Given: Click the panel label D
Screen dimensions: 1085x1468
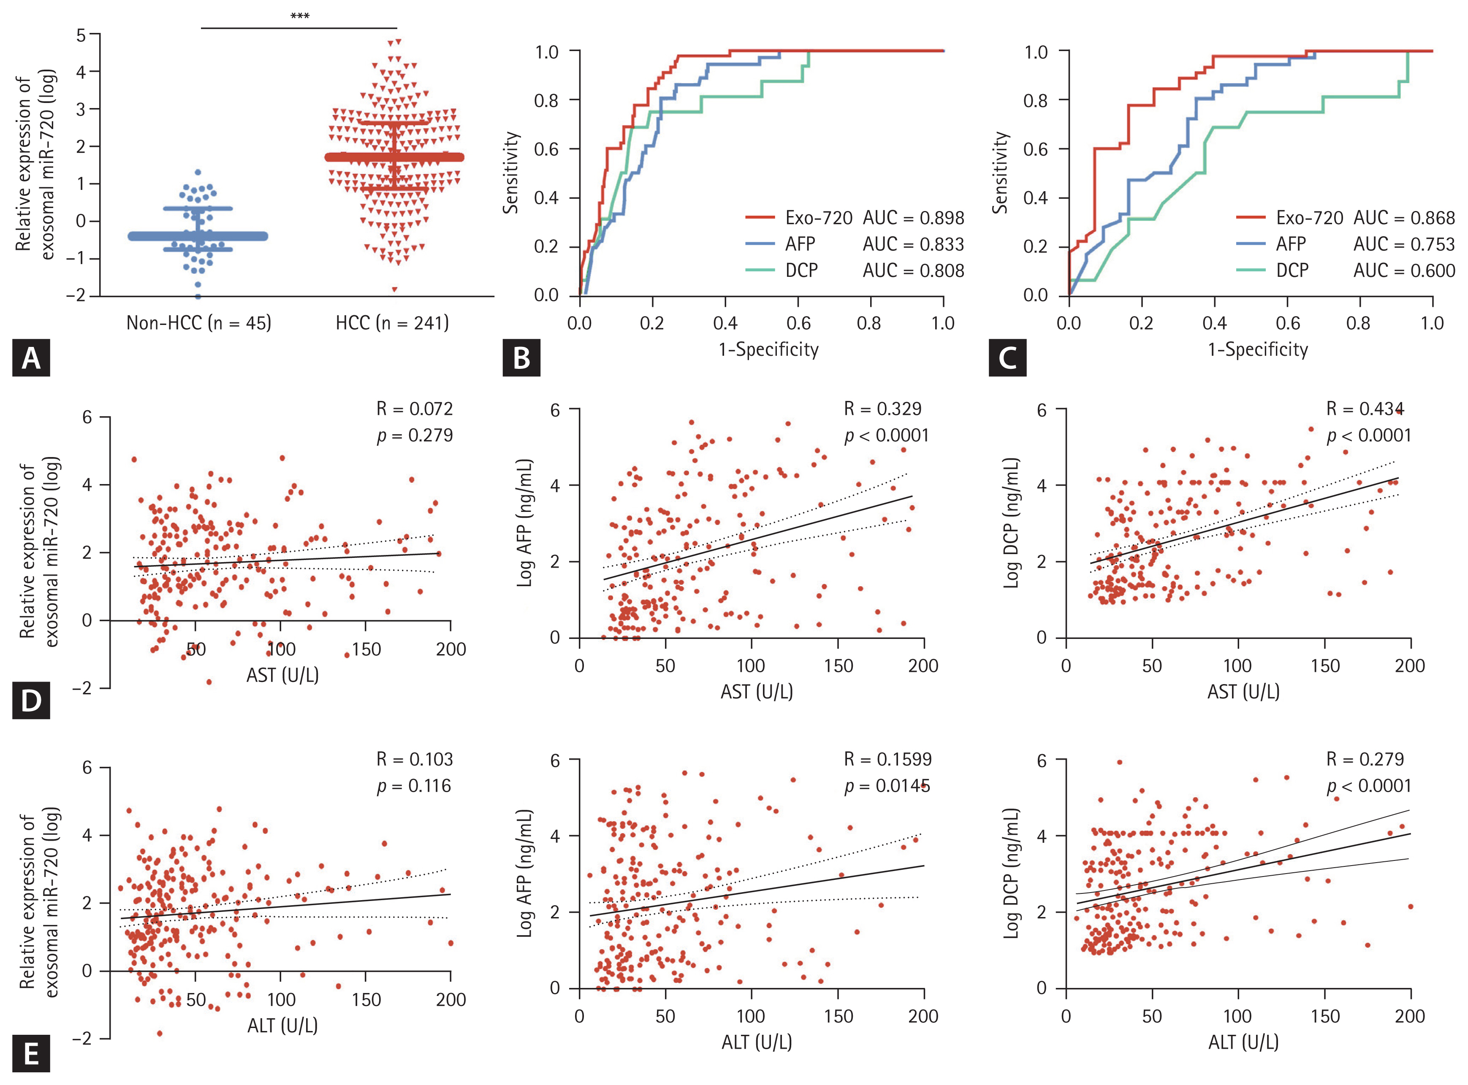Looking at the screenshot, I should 31,701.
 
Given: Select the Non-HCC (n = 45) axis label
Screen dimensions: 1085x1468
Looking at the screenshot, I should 198,323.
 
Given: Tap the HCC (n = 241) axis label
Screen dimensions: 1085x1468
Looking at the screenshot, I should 392,323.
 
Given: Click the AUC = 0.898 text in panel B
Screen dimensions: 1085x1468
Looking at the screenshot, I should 913,218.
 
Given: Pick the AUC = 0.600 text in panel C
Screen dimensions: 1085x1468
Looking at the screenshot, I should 1404,271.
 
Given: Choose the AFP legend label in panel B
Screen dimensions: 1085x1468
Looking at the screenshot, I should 800,244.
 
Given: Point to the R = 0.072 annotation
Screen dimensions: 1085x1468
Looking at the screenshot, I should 415,409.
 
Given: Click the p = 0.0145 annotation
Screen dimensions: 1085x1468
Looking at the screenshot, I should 887,786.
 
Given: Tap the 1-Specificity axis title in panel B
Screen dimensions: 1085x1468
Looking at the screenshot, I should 768,349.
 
